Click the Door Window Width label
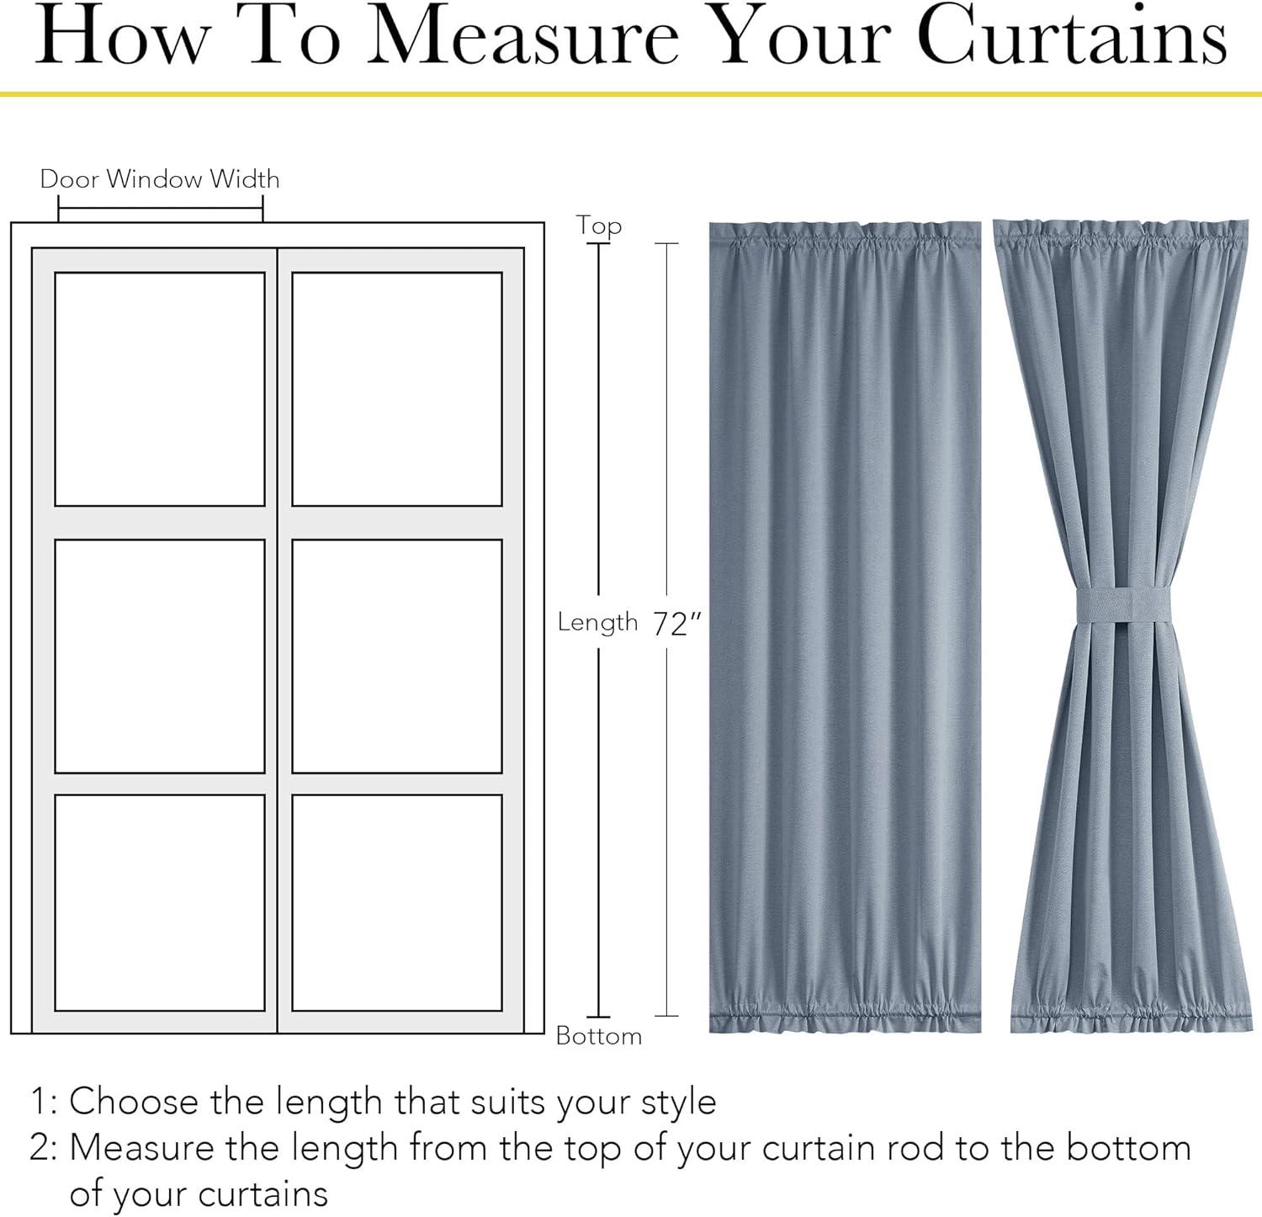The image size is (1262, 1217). (x=160, y=179)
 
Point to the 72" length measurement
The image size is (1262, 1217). (x=676, y=624)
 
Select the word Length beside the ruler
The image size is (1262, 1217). (x=598, y=622)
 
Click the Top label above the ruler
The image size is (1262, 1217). (x=599, y=226)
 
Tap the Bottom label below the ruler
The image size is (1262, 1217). (x=599, y=1035)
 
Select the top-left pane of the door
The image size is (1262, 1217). (x=160, y=389)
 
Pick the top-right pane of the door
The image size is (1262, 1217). (x=397, y=389)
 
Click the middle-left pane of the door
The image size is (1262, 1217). (x=160, y=656)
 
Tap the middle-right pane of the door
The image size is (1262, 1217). (x=397, y=656)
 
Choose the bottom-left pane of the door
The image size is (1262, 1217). (x=160, y=902)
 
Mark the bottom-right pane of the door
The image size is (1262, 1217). (x=397, y=902)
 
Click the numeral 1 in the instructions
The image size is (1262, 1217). (x=39, y=1102)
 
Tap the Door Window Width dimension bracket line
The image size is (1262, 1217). (x=161, y=209)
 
